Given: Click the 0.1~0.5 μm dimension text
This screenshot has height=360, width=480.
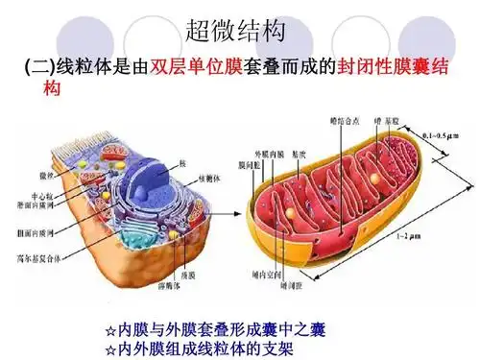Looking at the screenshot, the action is coord(440,133).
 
